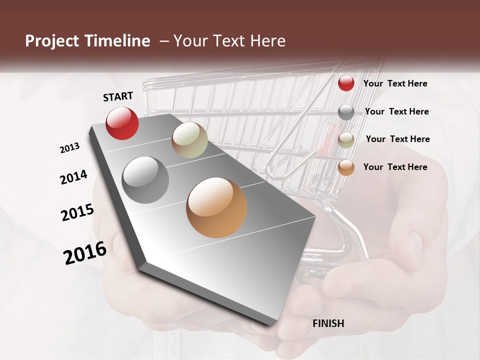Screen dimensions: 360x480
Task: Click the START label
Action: coord(118,96)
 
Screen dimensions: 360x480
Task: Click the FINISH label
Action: coord(328,323)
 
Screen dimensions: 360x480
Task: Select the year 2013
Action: coord(70,148)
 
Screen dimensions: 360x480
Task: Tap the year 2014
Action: coord(74,177)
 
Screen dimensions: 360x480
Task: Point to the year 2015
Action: coord(77,212)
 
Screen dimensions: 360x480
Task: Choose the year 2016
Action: coord(85,252)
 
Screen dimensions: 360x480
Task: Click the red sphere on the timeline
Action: coord(122,123)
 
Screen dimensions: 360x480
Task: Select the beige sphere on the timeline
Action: coord(189,140)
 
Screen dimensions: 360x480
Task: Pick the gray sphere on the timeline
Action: coord(145,179)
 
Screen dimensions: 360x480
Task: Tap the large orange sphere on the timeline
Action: coord(216,207)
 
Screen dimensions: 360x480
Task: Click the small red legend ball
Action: coord(346,83)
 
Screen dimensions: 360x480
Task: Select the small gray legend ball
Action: coord(346,112)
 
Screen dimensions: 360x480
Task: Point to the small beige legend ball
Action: coord(346,140)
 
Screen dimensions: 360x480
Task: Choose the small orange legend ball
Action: coord(346,167)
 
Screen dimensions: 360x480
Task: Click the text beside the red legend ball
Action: coord(395,83)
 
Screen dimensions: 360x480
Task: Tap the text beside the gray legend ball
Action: coord(396,111)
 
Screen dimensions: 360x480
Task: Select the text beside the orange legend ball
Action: coord(395,167)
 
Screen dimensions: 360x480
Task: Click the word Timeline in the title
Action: coord(117,41)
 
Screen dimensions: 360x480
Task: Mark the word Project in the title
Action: coord(52,41)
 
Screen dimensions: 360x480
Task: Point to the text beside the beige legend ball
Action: coord(397,139)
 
